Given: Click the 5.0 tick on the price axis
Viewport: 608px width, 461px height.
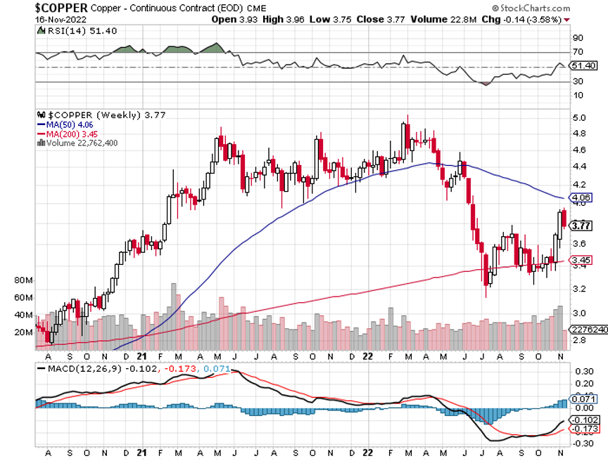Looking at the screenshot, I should (x=579, y=117).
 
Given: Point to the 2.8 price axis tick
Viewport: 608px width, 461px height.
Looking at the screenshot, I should (x=579, y=340).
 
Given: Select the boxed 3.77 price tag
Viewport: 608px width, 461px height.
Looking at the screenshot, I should (x=581, y=226).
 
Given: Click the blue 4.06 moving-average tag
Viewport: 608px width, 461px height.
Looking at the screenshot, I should (x=581, y=198).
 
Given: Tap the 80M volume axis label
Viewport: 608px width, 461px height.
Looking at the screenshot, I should (x=24, y=280).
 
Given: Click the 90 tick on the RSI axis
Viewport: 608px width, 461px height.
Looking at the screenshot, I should (x=578, y=38).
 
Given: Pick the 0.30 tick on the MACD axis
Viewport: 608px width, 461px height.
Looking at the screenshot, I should (x=582, y=370).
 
